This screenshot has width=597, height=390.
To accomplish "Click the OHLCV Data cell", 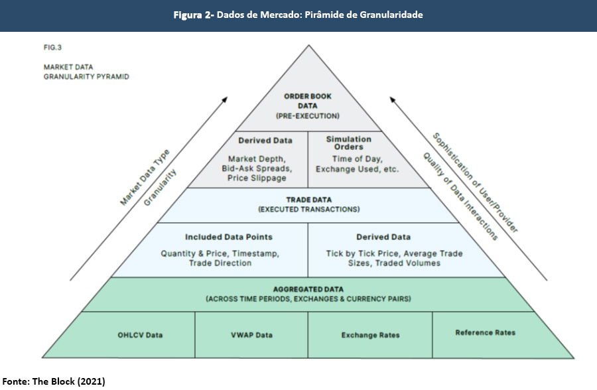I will click(139, 335).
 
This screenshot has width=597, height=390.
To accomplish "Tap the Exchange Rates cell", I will click(370, 335).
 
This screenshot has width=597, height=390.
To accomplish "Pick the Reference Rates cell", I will click(485, 332).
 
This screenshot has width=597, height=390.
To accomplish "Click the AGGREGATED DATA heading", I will click(308, 289).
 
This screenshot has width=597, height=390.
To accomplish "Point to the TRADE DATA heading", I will click(308, 199).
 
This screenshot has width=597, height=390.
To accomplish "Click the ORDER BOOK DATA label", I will click(308, 101).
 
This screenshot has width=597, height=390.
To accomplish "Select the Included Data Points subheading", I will click(228, 237).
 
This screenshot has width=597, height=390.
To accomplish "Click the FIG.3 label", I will click(53, 48).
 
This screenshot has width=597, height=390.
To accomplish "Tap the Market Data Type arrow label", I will click(145, 178).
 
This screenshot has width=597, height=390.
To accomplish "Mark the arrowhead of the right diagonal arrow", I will click(392, 99).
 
